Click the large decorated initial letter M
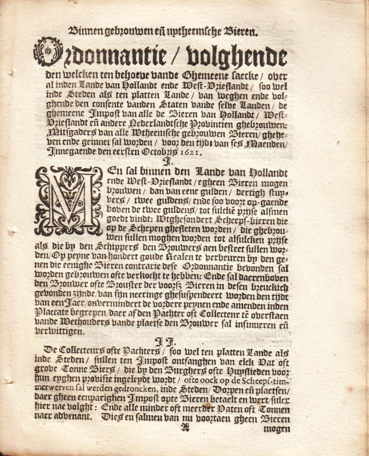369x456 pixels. [x=69, y=200]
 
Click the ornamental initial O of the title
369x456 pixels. [x=48, y=52]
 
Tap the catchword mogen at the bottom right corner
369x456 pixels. [x=277, y=428]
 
